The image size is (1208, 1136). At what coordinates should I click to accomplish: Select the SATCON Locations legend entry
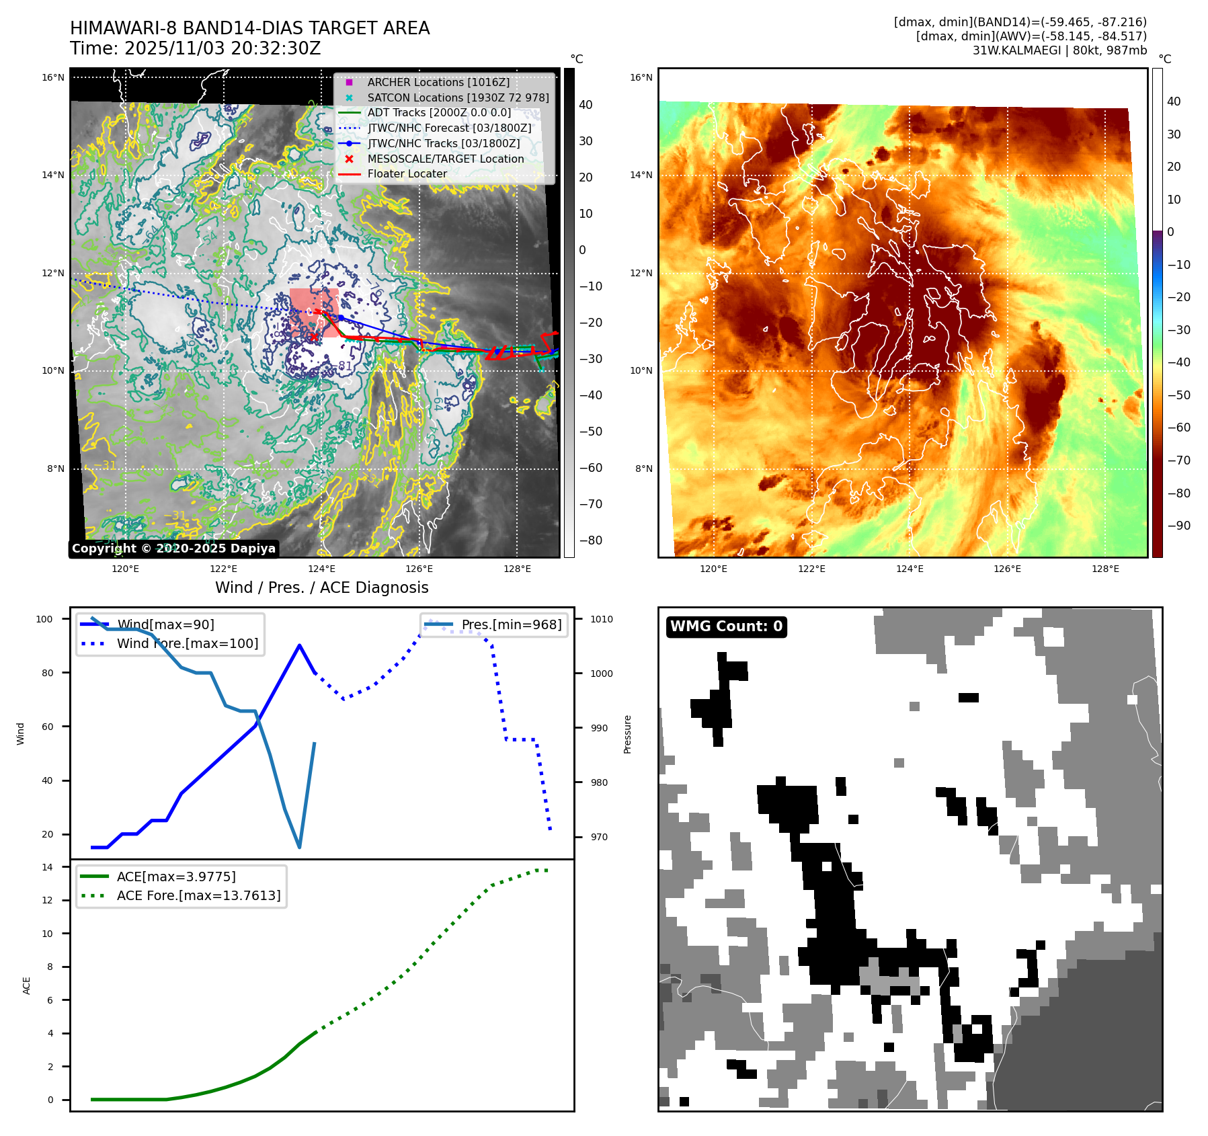pyautogui.click(x=458, y=97)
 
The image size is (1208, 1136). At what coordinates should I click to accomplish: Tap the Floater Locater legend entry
pyautogui.click(x=407, y=173)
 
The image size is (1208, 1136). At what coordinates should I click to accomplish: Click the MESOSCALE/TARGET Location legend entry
pyautogui.click(x=445, y=159)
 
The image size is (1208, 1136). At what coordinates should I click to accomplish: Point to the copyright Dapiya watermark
pyautogui.click(x=173, y=549)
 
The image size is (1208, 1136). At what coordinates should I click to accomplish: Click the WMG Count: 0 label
pyautogui.click(x=726, y=626)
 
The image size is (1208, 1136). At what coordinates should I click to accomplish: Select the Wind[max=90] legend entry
pyautogui.click(x=165, y=624)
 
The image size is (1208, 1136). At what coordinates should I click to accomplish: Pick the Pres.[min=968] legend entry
pyautogui.click(x=511, y=624)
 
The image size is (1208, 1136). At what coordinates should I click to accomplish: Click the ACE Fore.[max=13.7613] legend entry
pyautogui.click(x=198, y=895)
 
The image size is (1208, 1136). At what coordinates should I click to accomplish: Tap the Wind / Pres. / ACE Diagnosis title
pyautogui.click(x=321, y=587)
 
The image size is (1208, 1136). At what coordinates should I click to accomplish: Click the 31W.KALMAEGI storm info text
pyautogui.click(x=1059, y=50)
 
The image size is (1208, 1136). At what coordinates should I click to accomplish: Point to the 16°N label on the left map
pyautogui.click(x=53, y=77)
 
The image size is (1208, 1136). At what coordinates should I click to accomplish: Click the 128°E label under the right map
pyautogui.click(x=1105, y=569)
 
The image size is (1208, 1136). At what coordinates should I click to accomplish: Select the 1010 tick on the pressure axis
pyautogui.click(x=602, y=619)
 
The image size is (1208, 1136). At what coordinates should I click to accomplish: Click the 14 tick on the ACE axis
pyautogui.click(x=47, y=867)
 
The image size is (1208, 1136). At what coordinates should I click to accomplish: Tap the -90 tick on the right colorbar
pyautogui.click(x=1178, y=526)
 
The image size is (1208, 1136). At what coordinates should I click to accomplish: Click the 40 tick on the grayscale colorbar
pyautogui.click(x=586, y=105)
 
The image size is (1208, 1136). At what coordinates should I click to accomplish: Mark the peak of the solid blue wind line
pyautogui.click(x=299, y=645)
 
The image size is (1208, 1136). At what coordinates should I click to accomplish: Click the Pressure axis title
pyautogui.click(x=627, y=734)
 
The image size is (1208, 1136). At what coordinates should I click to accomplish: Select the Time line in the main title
pyautogui.click(x=195, y=48)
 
